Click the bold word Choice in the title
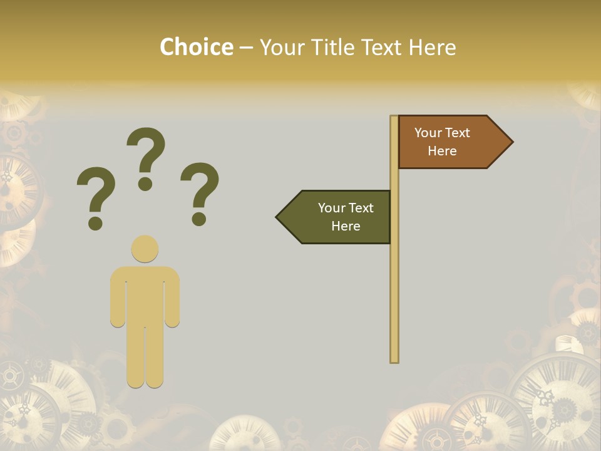(x=197, y=48)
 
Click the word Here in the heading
(x=432, y=48)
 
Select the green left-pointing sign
(x=338, y=217)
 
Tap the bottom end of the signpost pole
(x=394, y=360)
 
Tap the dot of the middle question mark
(x=146, y=183)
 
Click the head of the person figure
(x=145, y=249)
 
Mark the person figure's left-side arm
(x=118, y=298)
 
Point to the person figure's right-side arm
(x=172, y=298)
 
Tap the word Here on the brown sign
(x=442, y=151)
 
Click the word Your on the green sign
(x=331, y=208)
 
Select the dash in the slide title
(x=246, y=48)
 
